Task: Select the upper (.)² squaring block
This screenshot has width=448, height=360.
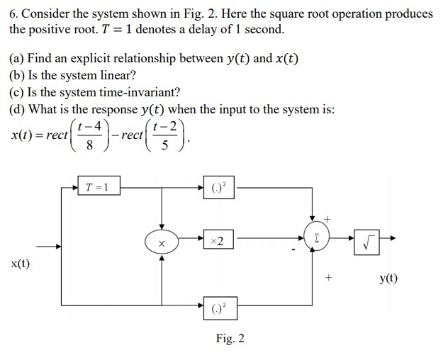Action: [219, 188]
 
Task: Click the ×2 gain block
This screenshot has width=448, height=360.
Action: [218, 242]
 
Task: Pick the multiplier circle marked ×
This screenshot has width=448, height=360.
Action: [162, 242]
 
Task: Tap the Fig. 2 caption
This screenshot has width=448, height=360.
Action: [230, 339]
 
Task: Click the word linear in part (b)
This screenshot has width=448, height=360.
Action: [116, 75]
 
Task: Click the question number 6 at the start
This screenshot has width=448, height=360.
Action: [12, 13]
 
